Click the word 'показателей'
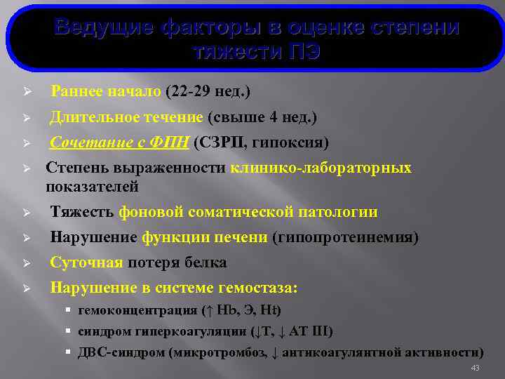coord(92,187)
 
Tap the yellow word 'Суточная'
coord(86,263)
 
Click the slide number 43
coord(475,368)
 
